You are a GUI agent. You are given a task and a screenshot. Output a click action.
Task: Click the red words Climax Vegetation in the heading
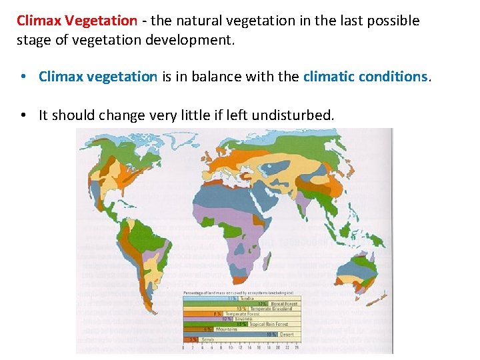pyautogui.click(x=77, y=21)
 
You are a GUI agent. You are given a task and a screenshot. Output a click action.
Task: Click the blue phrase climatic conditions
pyautogui.click(x=366, y=77)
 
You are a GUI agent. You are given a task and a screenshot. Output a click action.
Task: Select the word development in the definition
pyautogui.click(x=195, y=40)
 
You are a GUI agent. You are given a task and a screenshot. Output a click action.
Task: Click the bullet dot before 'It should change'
pyautogui.click(x=23, y=115)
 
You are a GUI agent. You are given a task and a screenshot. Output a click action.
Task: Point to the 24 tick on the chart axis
pyautogui.click(x=297, y=347)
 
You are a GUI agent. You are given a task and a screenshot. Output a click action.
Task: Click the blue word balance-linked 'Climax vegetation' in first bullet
pyautogui.click(x=98, y=77)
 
